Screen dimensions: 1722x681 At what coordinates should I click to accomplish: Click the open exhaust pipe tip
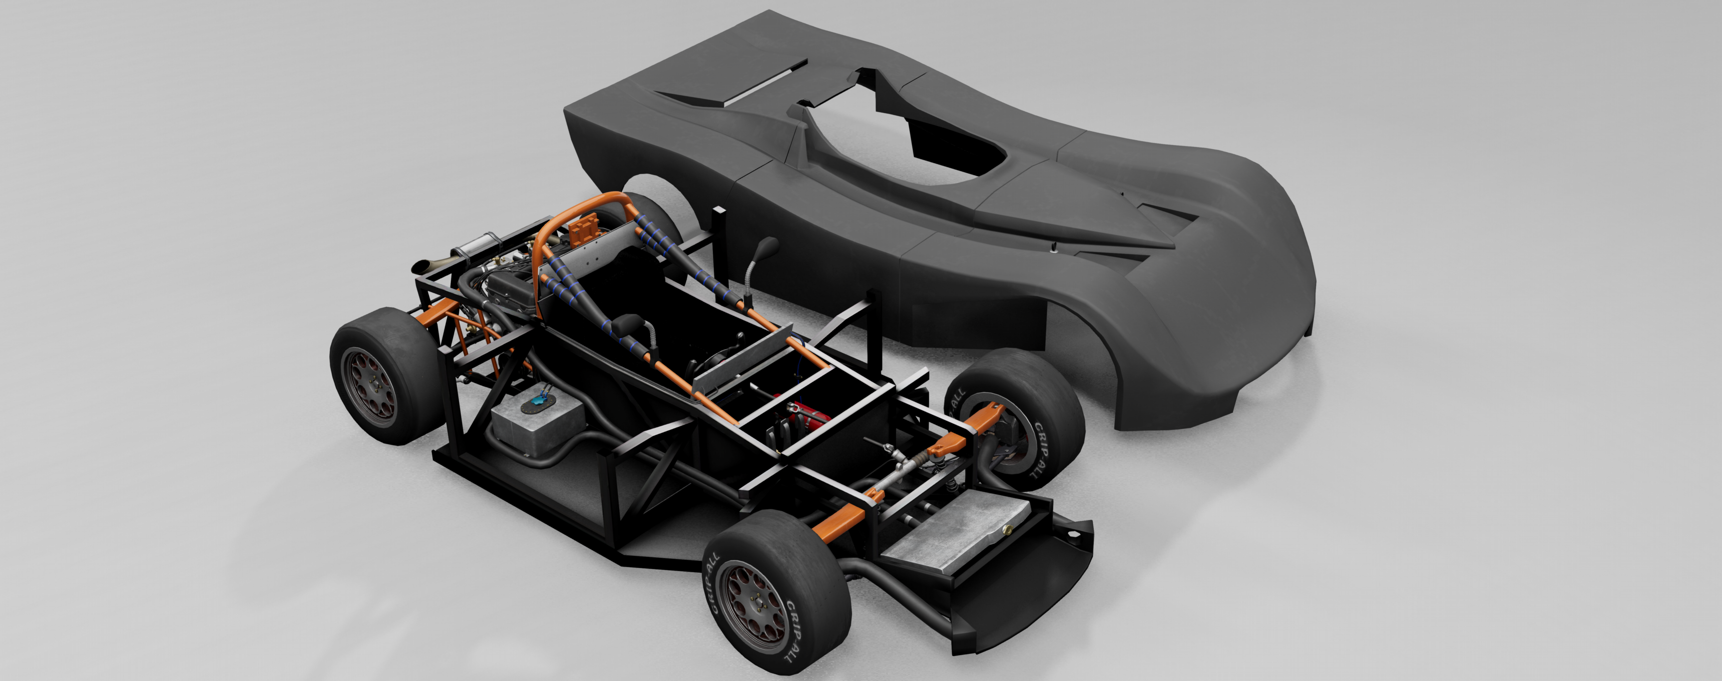coord(423,266)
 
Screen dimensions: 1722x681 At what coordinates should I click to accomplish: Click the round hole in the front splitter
coord(1072,535)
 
